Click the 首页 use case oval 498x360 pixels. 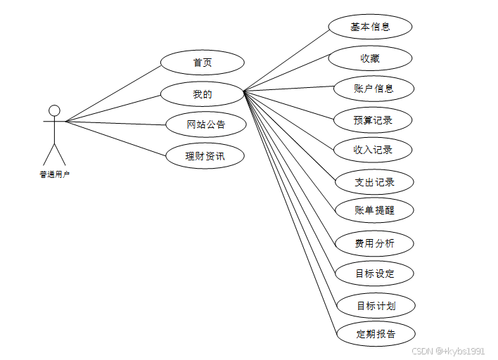tap(203, 63)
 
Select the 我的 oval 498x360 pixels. tap(202, 94)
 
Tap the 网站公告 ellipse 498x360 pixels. tap(206, 125)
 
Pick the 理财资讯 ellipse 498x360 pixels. tap(205, 155)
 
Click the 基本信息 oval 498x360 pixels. tap(370, 27)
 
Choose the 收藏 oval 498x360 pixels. tap(370, 58)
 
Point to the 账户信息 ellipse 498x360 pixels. tap(373, 89)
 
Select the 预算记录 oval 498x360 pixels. tap(373, 120)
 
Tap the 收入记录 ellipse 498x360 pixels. tap(373, 150)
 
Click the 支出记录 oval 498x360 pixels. tap(374, 182)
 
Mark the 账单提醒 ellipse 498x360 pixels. tap(374, 210)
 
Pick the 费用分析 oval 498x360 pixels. tap(374, 243)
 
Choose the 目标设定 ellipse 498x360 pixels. tap(375, 274)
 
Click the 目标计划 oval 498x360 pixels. tap(376, 306)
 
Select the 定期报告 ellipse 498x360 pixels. tap(376, 334)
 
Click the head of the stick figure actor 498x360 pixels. tap(54, 110)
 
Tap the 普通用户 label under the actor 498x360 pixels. tap(54, 174)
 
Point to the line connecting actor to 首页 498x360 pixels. tap(113, 94)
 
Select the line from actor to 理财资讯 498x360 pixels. tap(116, 138)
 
